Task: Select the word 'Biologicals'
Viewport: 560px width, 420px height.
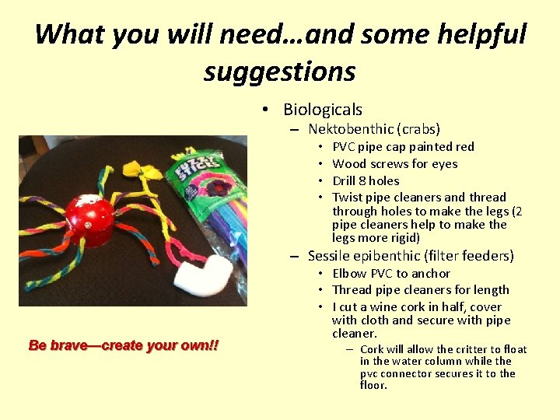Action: [323, 110]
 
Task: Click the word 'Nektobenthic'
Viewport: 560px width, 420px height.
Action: [352, 129]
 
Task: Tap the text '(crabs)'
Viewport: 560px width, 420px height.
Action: [420, 129]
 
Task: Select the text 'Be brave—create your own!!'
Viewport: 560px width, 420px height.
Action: [124, 345]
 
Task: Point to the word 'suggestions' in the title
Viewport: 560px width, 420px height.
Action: [279, 72]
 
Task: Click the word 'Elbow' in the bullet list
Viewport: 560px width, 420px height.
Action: [349, 273]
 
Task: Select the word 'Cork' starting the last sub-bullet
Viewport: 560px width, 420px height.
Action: [372, 349]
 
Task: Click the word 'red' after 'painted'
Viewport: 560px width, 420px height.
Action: [464, 146]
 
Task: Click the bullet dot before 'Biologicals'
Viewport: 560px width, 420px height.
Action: [266, 110]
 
